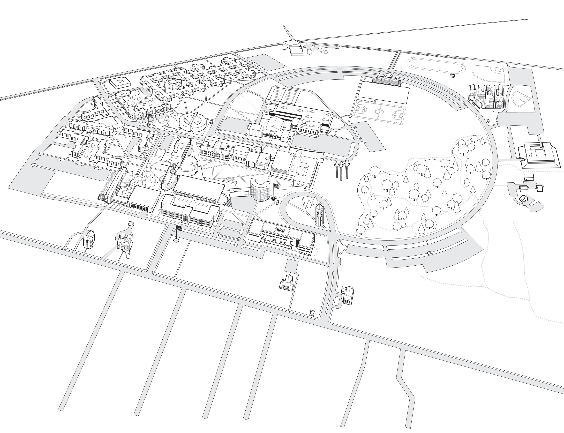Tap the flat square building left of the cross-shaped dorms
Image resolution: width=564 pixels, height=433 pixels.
[x=120, y=83]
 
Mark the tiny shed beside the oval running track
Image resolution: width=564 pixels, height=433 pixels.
[x=452, y=76]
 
